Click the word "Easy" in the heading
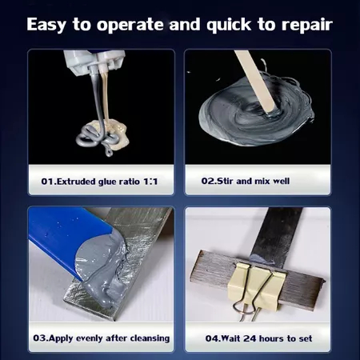click(x=46, y=25)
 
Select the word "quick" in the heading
click(x=229, y=25)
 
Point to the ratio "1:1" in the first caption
click(x=150, y=182)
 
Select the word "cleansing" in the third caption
click(x=150, y=338)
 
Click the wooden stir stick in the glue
click(x=257, y=82)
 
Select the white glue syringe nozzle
click(x=94, y=62)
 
